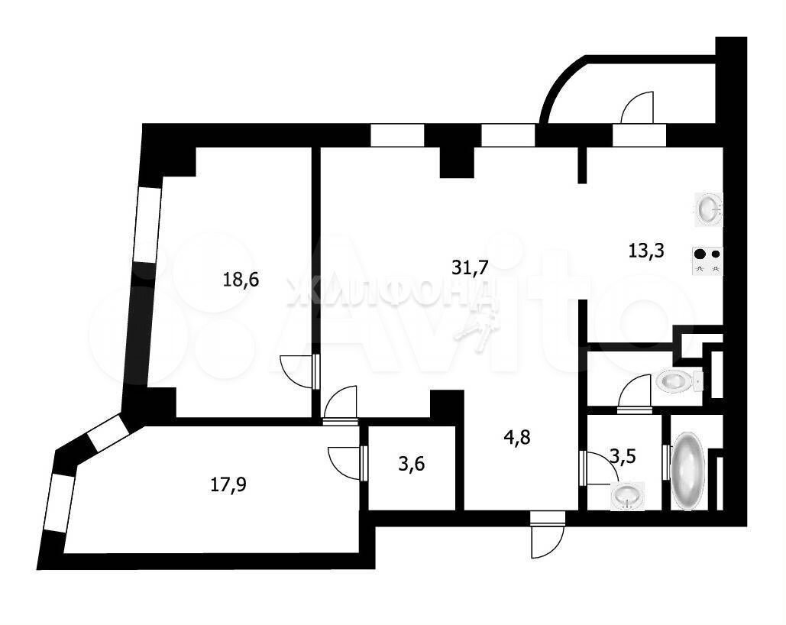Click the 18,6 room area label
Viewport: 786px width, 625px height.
tap(241, 280)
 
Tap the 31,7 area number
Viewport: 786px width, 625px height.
tap(470, 267)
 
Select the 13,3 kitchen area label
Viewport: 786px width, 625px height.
tap(646, 250)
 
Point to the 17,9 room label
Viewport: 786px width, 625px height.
tap(228, 485)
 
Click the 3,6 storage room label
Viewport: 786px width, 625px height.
tap(412, 464)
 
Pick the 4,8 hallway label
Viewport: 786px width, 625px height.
tap(517, 437)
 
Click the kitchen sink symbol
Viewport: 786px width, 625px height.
tap(708, 208)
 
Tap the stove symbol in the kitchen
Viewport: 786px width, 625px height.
tap(708, 261)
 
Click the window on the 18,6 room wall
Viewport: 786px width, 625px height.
tap(148, 225)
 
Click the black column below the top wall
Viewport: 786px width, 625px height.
tap(457, 162)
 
